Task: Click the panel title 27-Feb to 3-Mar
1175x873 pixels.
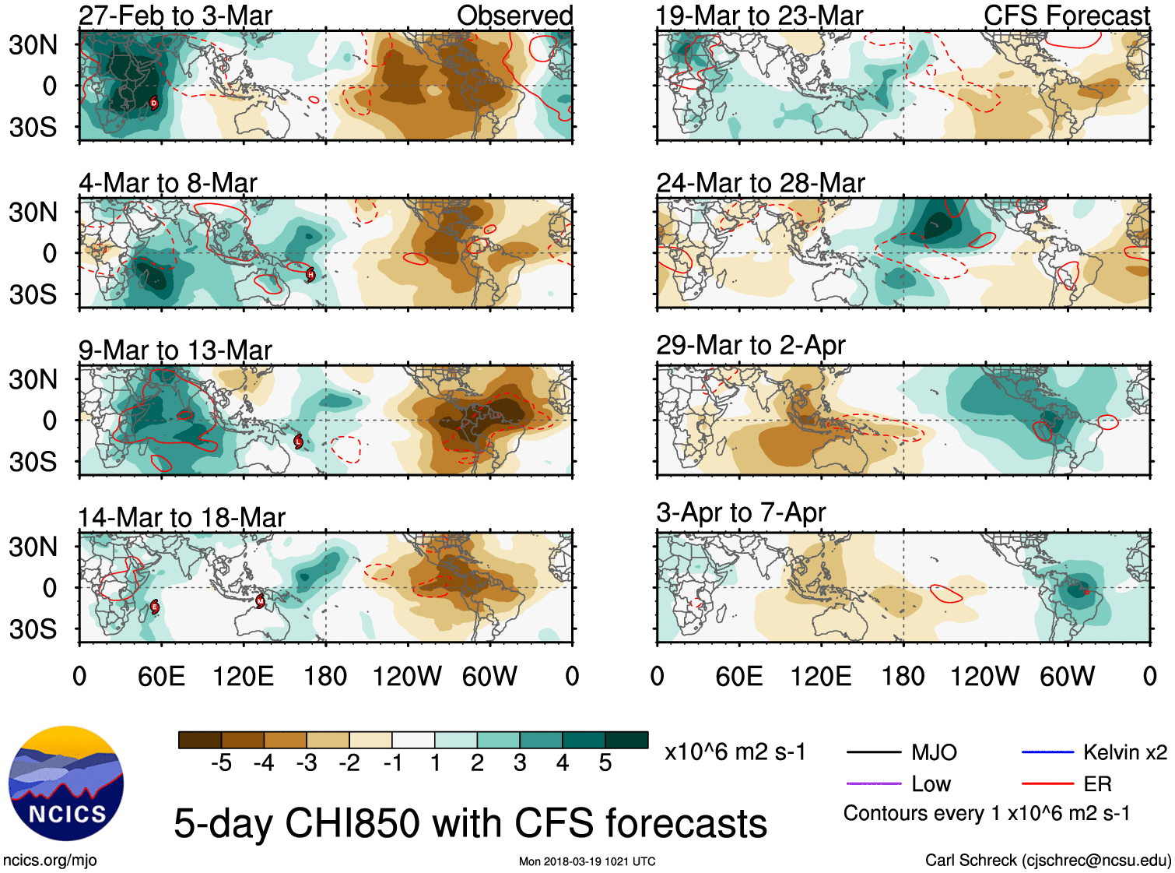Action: (176, 16)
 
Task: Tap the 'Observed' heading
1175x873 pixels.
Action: (514, 16)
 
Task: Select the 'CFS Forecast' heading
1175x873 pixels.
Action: (1066, 16)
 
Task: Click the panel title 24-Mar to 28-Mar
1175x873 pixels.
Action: (760, 183)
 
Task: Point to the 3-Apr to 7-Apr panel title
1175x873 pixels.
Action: (741, 512)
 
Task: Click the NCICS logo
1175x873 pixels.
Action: (66, 783)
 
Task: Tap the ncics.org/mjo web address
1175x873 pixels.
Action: (50, 860)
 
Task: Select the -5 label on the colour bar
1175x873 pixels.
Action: (221, 763)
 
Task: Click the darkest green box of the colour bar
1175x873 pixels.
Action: (626, 740)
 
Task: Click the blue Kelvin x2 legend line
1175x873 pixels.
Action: (1047, 752)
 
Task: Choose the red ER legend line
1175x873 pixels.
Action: (1047, 783)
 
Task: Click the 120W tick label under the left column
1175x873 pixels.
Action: (407, 676)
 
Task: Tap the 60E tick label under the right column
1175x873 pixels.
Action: (738, 676)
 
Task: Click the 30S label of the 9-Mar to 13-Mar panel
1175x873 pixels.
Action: (33, 462)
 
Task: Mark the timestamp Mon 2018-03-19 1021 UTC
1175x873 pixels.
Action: (587, 861)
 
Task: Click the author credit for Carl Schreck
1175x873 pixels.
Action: (1047, 860)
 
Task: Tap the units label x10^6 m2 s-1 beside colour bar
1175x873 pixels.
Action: (735, 752)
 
